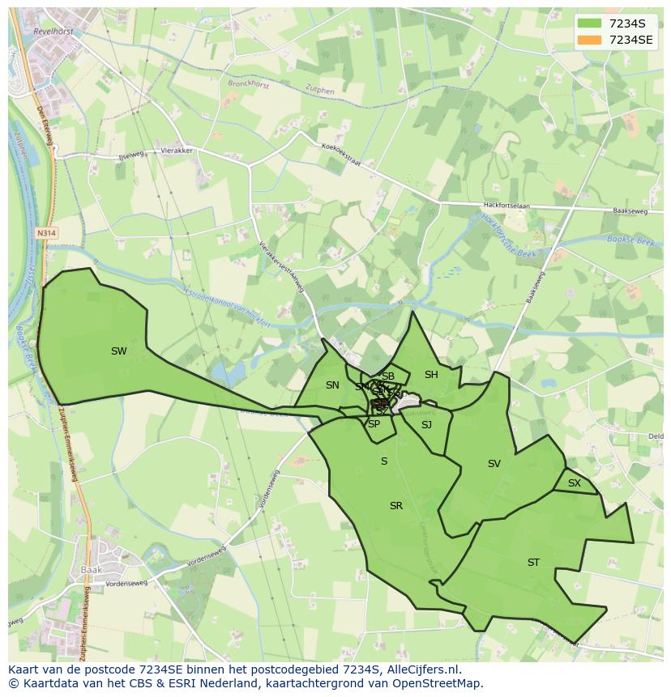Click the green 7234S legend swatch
(590, 23)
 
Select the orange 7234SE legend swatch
(590, 40)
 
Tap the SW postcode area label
(119, 351)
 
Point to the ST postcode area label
(533, 563)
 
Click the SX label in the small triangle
(575, 483)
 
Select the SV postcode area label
(494, 464)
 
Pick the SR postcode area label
(396, 506)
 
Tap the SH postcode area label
(431, 375)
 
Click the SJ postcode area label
(426, 425)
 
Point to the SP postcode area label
(374, 424)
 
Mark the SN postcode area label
(332, 385)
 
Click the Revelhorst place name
(54, 31)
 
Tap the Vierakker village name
(176, 151)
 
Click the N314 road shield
(47, 232)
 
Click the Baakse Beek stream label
(630, 239)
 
